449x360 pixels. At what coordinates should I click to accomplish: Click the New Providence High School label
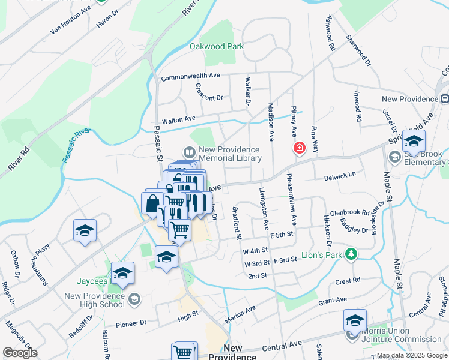[94, 300]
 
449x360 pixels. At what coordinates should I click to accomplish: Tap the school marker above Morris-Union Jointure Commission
[355, 320]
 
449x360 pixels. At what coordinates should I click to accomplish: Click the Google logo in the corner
[20, 353]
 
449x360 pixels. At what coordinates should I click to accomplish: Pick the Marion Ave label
[240, 314]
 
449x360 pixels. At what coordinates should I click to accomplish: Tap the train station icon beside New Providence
[445, 99]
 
